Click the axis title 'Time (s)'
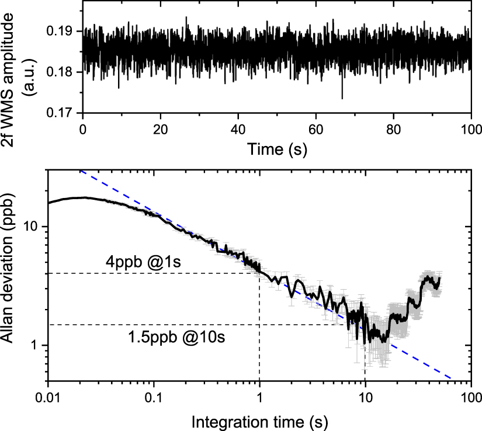277,148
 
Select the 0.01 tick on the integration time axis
48,399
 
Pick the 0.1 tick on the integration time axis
154,399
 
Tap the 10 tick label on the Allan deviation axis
33,227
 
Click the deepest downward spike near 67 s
342,98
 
